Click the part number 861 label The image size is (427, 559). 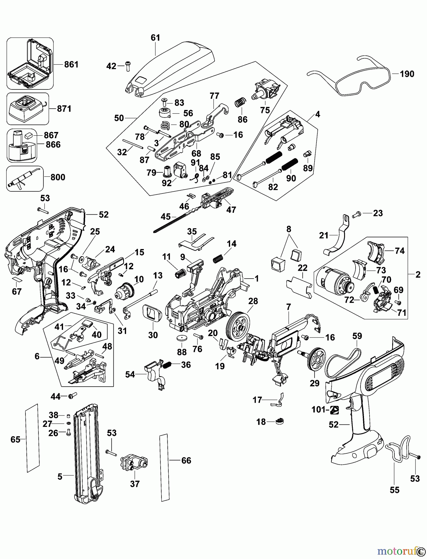(x=71, y=65)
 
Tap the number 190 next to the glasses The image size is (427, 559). (x=407, y=74)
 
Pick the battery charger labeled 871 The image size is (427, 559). (x=28, y=108)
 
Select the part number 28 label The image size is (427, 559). (x=253, y=301)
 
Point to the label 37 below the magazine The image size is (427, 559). (x=135, y=484)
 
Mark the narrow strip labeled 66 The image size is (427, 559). (x=164, y=467)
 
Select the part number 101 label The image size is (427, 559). (x=318, y=410)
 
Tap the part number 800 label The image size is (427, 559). (x=58, y=177)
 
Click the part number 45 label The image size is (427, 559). (x=166, y=216)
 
